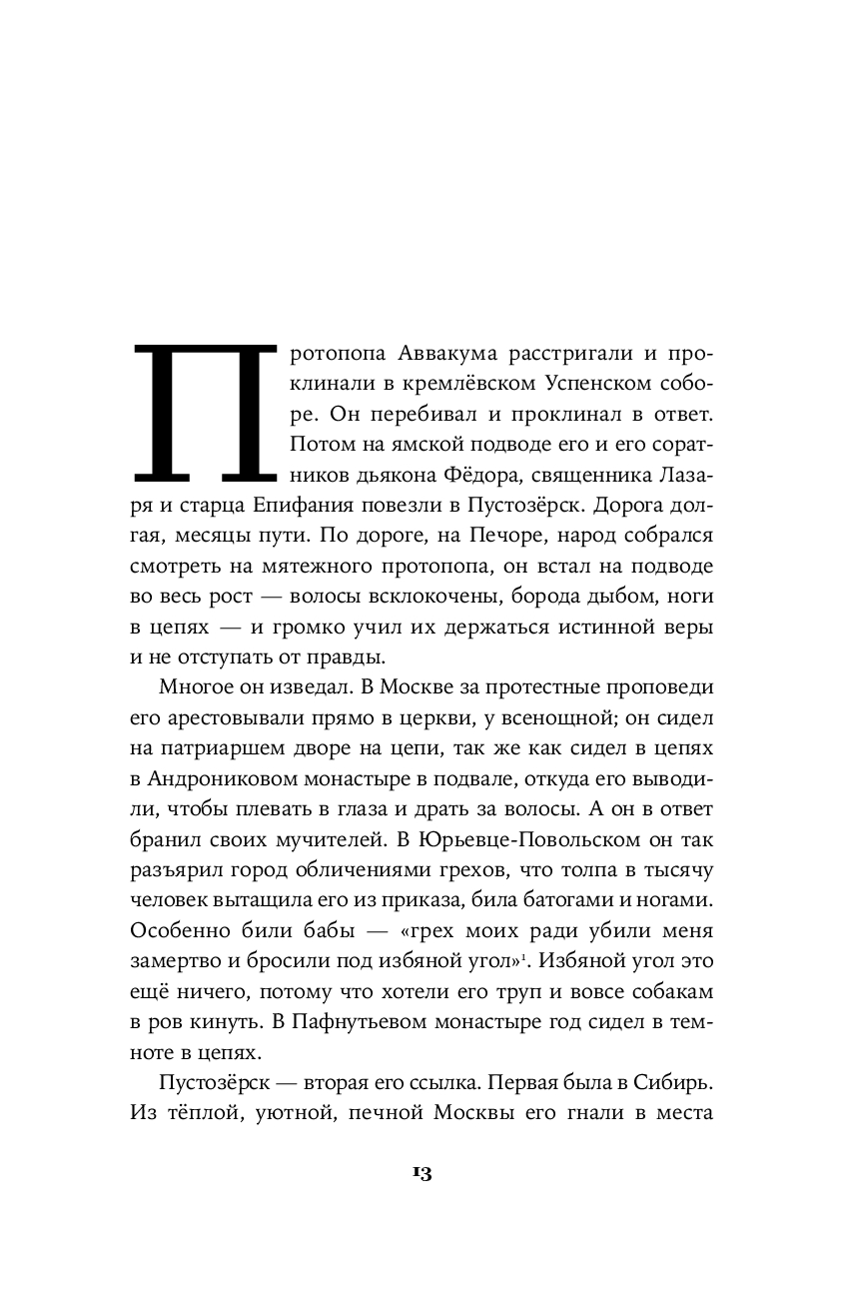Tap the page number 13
(x=421, y=1174)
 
